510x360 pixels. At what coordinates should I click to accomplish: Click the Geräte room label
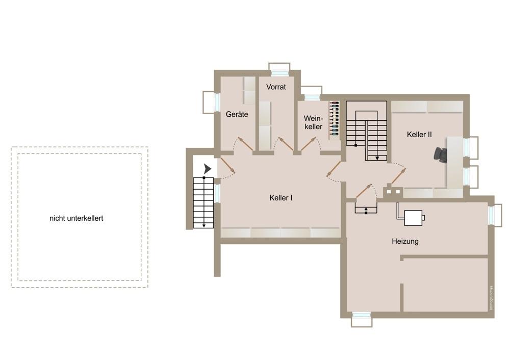tap(237, 114)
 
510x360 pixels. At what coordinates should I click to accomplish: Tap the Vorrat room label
tap(276, 87)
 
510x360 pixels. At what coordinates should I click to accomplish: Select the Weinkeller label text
tap(313, 122)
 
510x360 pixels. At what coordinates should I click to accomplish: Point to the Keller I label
tap(280, 197)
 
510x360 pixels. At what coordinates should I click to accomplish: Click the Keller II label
tap(419, 135)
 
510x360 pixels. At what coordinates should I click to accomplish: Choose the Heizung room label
tap(405, 241)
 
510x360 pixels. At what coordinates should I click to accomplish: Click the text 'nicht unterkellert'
tap(76, 218)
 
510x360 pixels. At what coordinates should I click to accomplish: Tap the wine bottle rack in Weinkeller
tap(334, 118)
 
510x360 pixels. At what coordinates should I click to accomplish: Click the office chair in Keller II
tap(441, 155)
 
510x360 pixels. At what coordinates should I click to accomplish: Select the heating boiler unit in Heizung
tap(414, 218)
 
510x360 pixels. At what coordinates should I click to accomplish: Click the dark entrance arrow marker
tap(207, 168)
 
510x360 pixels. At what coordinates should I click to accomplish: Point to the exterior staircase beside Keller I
tap(203, 202)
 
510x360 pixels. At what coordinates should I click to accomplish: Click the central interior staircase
tap(367, 130)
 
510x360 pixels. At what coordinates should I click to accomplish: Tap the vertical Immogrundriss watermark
tap(491, 298)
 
